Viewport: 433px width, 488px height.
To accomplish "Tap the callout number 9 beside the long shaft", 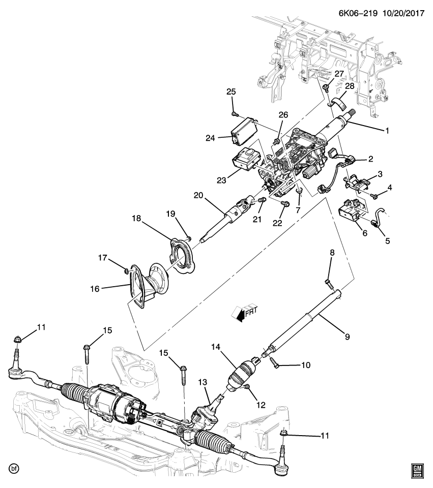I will [348, 335].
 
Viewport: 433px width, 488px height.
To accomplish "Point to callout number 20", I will [198, 195].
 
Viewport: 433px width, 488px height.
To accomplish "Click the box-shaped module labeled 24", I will [243, 130].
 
